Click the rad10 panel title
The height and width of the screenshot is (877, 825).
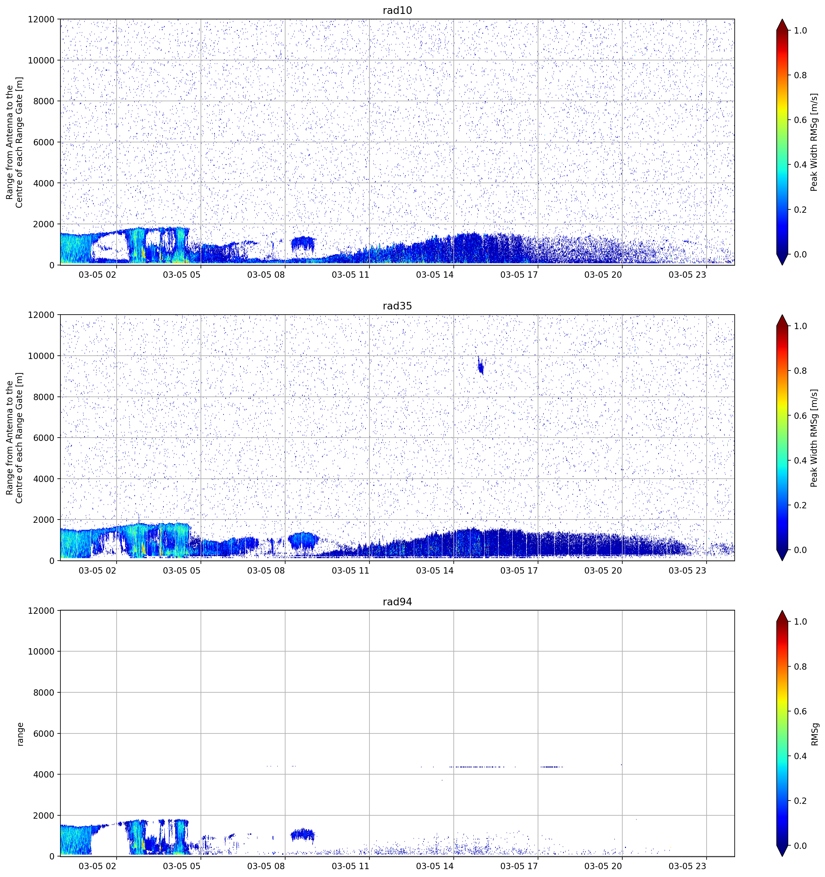tap(397, 10)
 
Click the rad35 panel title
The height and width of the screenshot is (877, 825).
tap(397, 306)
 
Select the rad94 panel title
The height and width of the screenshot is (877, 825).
tap(397, 602)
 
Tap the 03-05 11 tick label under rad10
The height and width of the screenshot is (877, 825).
tap(350, 275)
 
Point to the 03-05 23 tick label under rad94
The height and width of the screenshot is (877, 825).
tap(688, 866)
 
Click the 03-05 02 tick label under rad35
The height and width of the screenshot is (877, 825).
tap(98, 570)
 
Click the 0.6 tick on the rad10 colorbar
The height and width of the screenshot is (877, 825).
tap(800, 120)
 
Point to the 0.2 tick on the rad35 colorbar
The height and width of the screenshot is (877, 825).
tap(800, 505)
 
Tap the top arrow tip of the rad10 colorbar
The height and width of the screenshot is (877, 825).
tap(782, 19)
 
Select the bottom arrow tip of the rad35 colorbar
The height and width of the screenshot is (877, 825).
tap(782, 561)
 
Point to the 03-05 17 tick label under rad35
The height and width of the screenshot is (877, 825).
tap(519, 570)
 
